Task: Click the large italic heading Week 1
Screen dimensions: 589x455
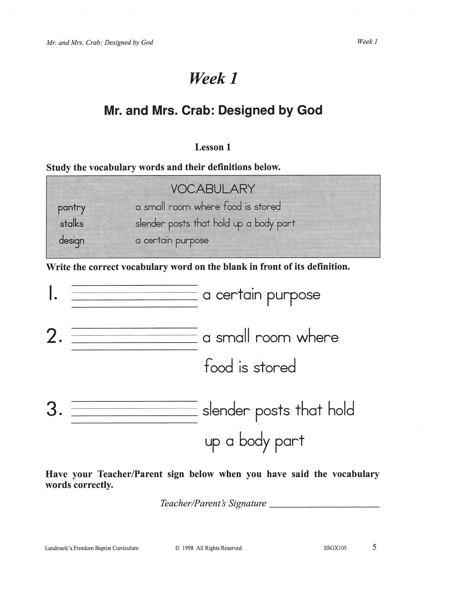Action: click(213, 78)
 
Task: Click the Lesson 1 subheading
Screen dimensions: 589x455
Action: click(213, 147)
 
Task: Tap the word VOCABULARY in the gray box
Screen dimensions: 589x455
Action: click(213, 189)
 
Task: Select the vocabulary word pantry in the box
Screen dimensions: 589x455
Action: click(71, 208)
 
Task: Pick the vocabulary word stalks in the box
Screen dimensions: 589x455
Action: click(71, 224)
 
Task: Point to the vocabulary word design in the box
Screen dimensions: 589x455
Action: click(71, 241)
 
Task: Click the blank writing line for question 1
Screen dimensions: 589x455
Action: click(134, 296)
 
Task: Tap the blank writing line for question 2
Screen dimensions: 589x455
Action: click(134, 339)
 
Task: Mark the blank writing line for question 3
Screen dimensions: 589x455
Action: click(134, 412)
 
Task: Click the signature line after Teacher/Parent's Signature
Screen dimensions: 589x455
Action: click(325, 506)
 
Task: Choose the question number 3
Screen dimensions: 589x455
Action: click(54, 409)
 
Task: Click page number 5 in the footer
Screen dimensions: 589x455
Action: click(374, 547)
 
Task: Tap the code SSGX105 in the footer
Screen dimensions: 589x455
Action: click(335, 548)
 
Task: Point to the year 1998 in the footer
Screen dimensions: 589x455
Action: click(188, 548)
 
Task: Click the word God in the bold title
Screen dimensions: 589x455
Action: click(310, 110)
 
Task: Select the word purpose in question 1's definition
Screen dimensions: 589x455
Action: click(293, 295)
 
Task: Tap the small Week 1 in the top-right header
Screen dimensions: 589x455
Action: click(367, 42)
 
